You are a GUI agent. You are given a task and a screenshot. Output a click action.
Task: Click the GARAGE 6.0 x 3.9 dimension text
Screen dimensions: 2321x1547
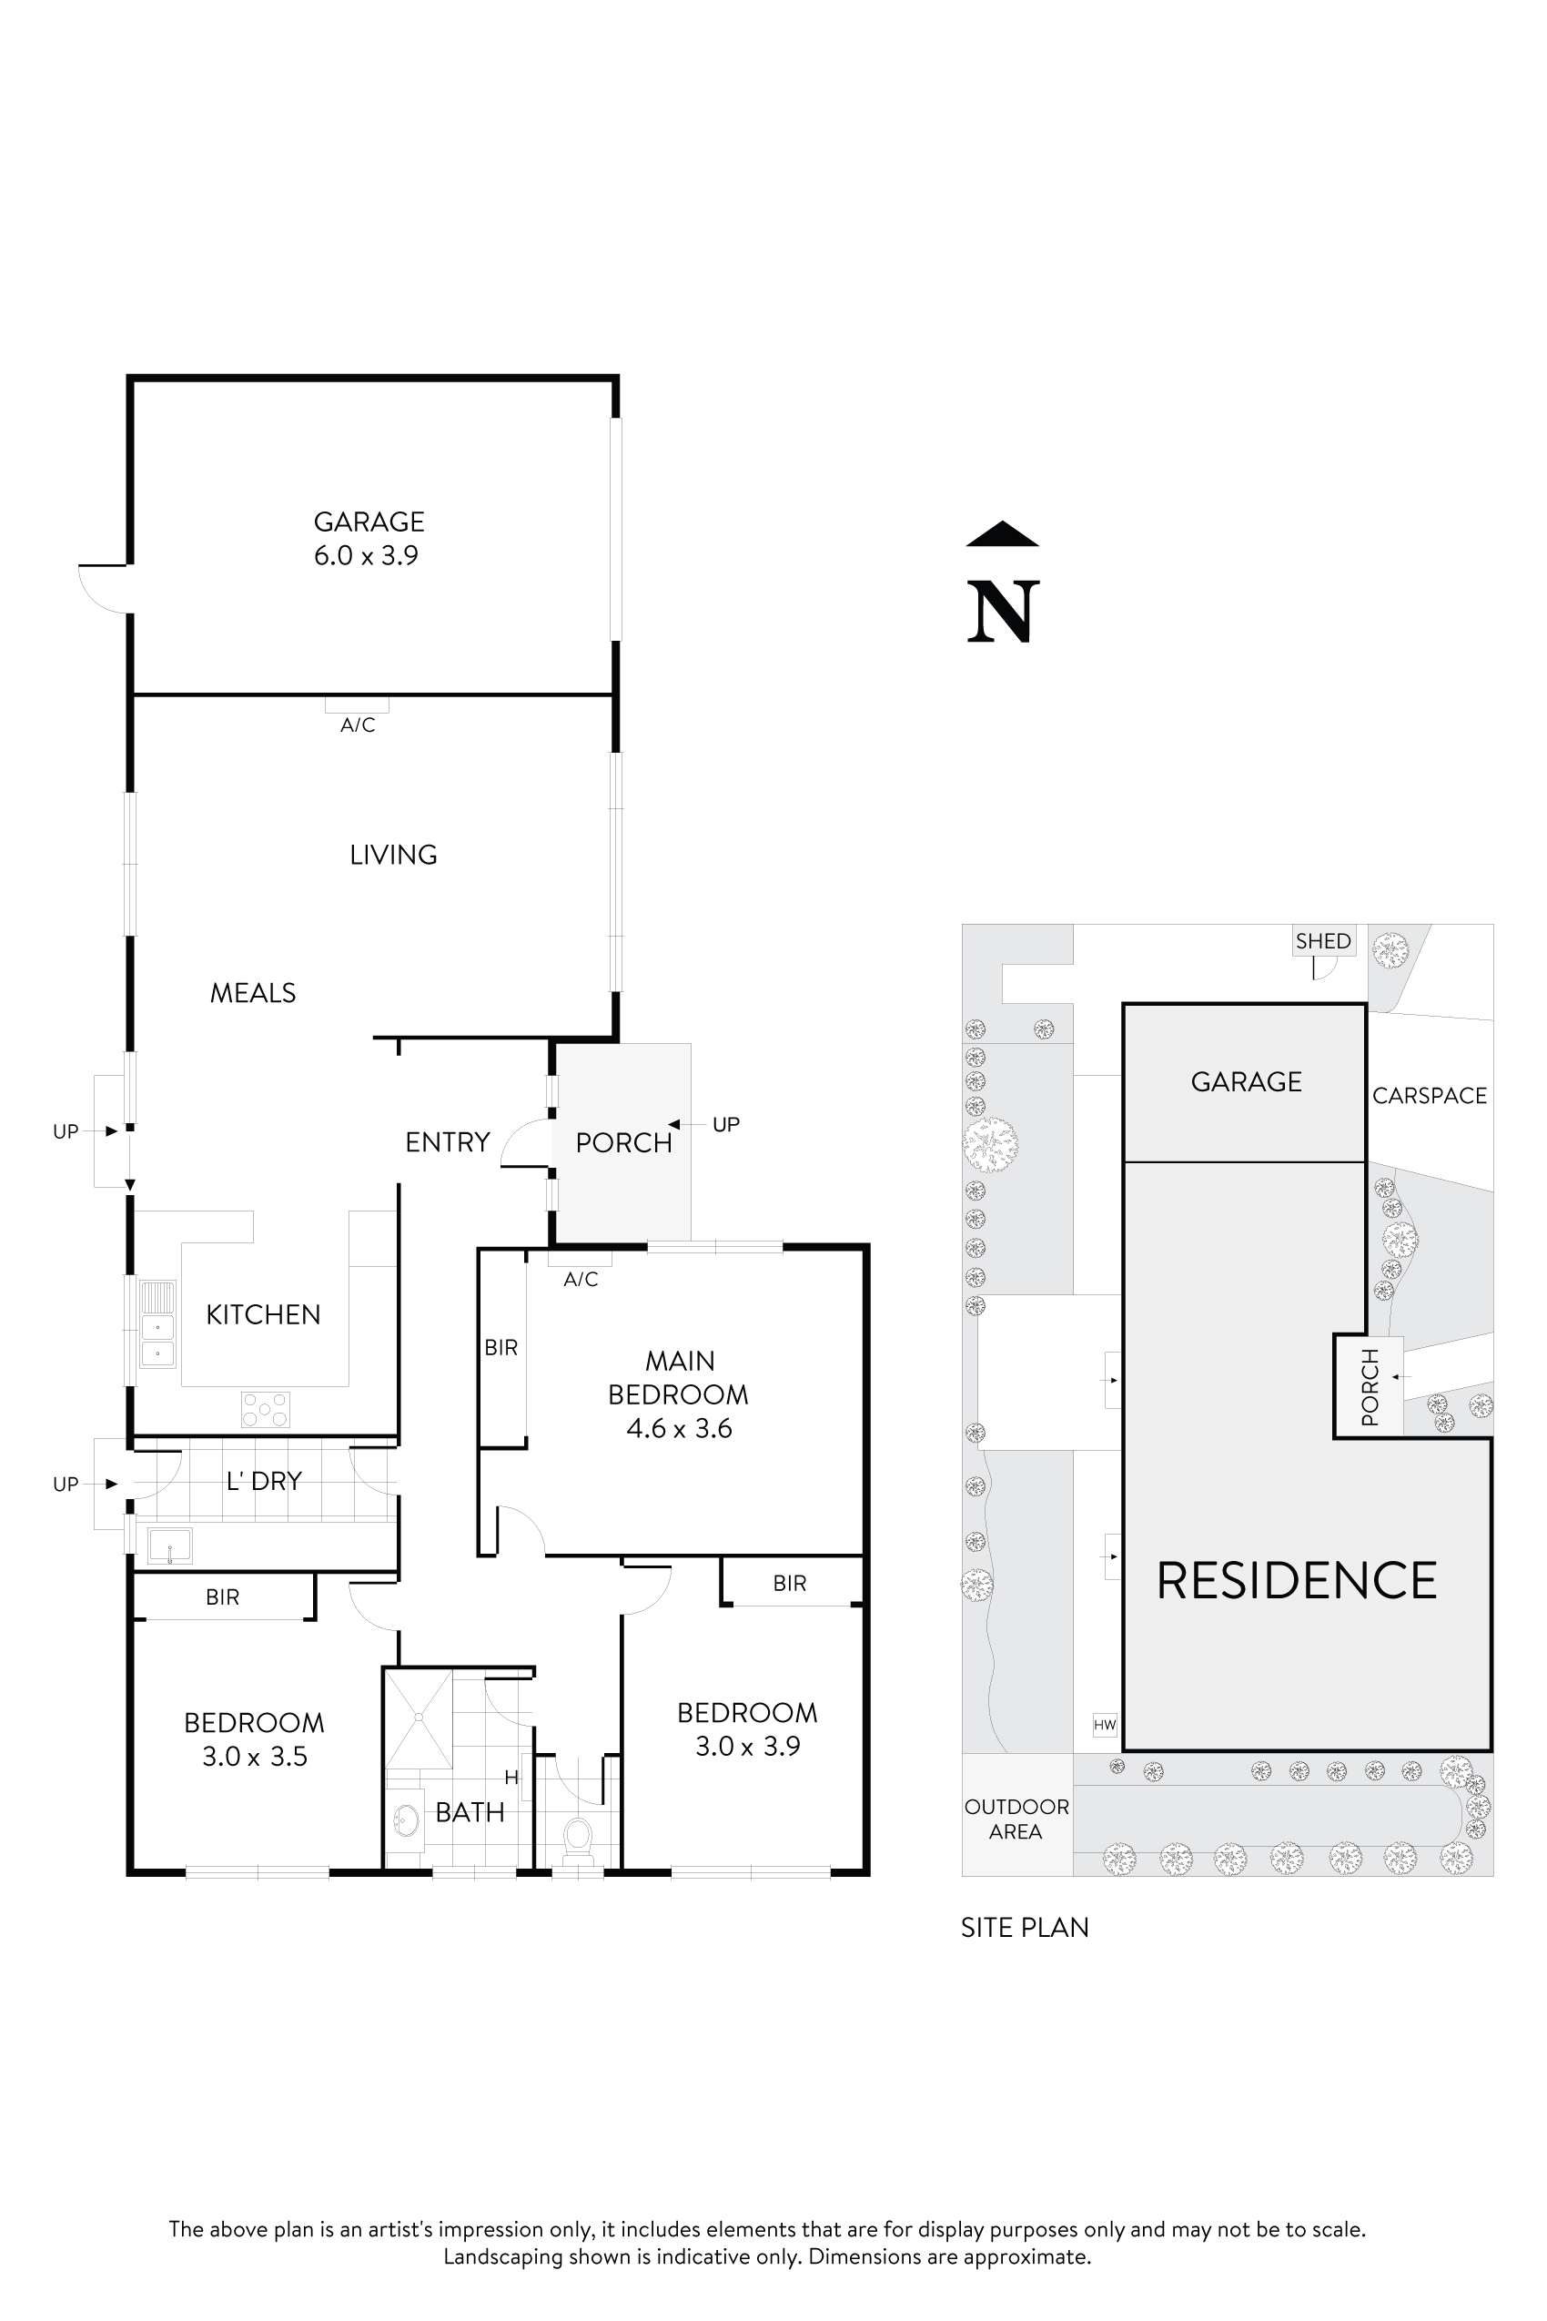366,555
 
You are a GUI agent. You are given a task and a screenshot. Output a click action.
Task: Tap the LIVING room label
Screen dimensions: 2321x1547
393,855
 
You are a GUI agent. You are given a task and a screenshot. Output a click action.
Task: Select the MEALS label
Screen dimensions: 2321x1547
253,993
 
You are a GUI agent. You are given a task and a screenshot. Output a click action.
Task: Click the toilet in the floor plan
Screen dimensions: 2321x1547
577,1837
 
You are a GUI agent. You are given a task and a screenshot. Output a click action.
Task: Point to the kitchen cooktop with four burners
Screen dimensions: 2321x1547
266,1409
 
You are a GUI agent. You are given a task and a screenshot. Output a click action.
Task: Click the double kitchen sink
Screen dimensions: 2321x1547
157,1323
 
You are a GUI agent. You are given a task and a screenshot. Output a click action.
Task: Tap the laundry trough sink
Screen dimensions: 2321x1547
169,1546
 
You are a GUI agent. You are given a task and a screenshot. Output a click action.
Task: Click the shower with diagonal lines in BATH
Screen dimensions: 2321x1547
419,1719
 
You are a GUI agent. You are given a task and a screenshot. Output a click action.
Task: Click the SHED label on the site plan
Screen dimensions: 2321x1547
1323,941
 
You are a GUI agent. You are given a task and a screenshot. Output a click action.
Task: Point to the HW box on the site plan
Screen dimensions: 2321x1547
1104,1725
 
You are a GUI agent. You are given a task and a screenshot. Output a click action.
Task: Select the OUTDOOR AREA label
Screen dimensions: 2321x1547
1016,1819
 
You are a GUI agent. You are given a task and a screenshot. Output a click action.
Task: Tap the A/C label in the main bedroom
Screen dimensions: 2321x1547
581,1280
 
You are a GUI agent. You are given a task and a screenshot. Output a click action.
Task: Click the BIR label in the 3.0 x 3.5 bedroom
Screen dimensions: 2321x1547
222,1596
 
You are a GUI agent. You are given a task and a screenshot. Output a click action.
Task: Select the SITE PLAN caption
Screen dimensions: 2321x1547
1024,1927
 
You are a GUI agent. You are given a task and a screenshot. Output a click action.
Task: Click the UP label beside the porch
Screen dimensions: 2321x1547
725,1124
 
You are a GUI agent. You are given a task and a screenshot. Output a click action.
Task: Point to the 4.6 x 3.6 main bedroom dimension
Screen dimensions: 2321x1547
679,1428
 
